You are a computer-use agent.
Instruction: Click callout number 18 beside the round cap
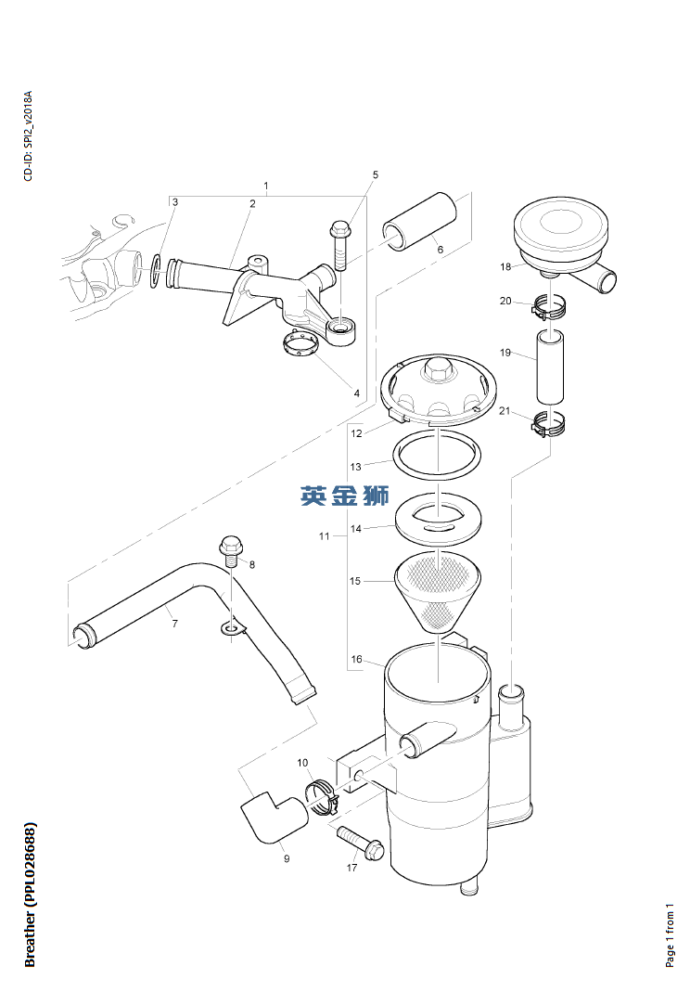point(505,267)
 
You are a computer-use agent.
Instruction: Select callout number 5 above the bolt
point(376,174)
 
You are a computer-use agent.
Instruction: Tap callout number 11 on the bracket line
point(324,536)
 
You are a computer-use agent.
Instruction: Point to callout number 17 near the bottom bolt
point(351,869)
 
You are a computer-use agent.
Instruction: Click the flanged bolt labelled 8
point(231,550)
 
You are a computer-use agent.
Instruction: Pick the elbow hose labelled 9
point(272,817)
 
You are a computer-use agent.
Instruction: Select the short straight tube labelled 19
point(550,368)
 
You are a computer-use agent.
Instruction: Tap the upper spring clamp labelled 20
point(549,307)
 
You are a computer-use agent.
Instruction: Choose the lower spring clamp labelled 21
point(550,426)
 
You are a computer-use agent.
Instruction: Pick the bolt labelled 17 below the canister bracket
point(362,842)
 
